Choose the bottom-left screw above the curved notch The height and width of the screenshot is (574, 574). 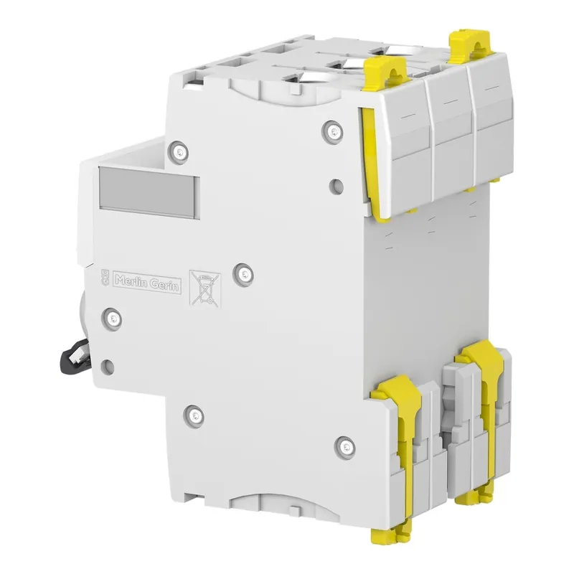(x=192, y=413)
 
